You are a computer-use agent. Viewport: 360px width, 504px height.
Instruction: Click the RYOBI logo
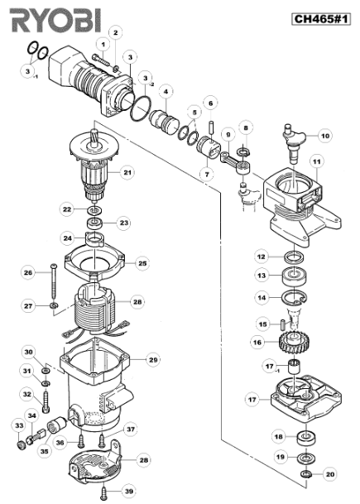[55, 20]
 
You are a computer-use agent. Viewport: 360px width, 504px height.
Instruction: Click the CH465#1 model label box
[321, 19]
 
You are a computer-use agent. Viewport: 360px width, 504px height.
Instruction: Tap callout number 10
[325, 136]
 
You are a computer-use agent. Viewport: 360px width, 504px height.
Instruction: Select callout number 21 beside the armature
[127, 172]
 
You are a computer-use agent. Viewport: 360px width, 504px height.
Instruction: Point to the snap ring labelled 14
[294, 297]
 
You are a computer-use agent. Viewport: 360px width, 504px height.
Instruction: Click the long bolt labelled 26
[53, 281]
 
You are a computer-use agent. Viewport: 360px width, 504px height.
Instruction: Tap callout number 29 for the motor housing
[153, 359]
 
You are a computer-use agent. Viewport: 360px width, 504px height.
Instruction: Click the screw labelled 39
[104, 492]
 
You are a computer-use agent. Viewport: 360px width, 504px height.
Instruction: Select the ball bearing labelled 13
[294, 276]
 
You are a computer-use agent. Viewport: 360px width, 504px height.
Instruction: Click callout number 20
[330, 473]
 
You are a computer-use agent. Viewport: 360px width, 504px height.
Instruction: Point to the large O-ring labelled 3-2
[141, 108]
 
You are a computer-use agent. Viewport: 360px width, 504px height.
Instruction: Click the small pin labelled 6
[211, 126]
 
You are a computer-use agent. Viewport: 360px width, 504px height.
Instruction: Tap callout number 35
[45, 451]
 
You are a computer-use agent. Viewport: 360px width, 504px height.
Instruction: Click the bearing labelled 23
[96, 223]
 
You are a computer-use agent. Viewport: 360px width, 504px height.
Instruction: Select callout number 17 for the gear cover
[252, 400]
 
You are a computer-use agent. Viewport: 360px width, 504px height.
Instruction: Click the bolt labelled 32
[46, 401]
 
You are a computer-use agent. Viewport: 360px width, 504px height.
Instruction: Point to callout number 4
[166, 92]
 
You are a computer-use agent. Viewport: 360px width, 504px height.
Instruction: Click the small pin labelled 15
[282, 323]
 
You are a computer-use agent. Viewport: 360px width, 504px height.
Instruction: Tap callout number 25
[142, 263]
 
